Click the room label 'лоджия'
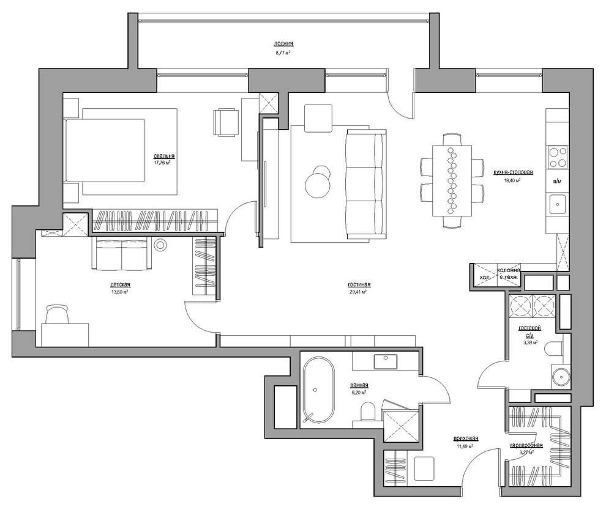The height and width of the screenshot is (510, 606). click(x=283, y=44)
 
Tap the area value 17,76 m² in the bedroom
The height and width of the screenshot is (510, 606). click(x=162, y=163)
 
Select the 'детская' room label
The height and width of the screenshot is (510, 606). click(x=120, y=285)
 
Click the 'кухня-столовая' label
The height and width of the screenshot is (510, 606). click(x=509, y=172)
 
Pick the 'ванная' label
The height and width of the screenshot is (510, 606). click(x=359, y=385)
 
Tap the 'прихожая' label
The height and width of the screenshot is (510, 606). click(x=465, y=438)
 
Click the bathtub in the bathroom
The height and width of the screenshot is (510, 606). click(x=317, y=391)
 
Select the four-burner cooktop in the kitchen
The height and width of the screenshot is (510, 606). click(x=557, y=157)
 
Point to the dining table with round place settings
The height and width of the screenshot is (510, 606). click(x=452, y=180)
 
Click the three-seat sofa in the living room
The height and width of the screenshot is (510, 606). click(x=366, y=183)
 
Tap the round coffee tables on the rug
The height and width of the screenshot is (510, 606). click(x=319, y=182)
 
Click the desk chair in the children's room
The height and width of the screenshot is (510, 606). click(x=58, y=315)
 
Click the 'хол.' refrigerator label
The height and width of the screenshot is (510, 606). click(x=484, y=277)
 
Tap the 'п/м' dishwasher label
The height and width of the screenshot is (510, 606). click(x=557, y=181)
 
